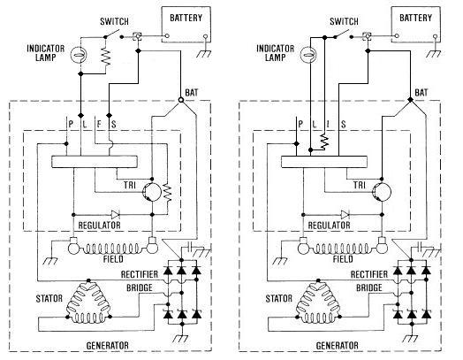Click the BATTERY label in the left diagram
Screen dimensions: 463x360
[186, 18]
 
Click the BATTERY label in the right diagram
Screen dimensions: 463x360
[415, 18]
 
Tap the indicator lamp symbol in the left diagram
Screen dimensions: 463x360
[79, 55]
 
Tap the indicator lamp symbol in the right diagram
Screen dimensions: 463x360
[308, 55]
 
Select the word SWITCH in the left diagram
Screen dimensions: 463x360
[114, 21]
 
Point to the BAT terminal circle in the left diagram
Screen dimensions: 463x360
[181, 100]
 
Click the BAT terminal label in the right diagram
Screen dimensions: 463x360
[421, 93]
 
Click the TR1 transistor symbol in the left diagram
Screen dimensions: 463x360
[152, 192]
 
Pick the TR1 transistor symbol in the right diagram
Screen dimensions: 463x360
[382, 192]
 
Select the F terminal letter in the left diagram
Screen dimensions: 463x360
[99, 124]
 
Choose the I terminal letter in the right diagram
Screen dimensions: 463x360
[329, 124]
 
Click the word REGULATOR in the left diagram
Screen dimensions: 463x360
[99, 226]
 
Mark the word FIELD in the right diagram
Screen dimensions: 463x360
[343, 259]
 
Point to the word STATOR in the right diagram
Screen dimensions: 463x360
[278, 298]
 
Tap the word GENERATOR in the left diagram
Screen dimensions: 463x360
[107, 346]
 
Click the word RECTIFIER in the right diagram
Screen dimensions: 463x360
[369, 274]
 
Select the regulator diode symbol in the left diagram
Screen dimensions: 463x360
[115, 215]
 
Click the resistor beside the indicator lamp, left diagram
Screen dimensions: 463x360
[105, 57]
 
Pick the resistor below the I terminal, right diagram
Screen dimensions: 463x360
[324, 142]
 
